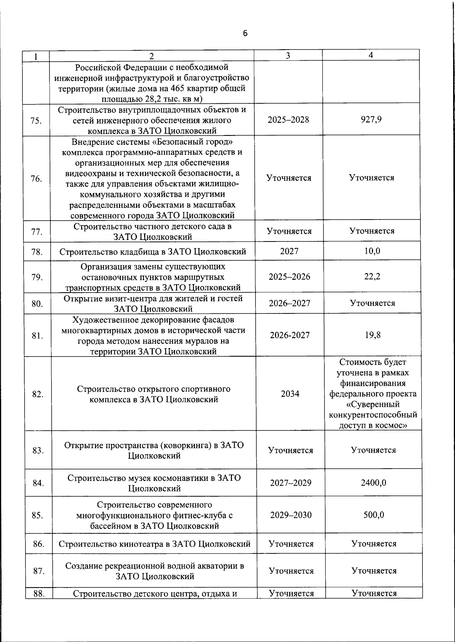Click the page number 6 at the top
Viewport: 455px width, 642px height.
tap(245, 33)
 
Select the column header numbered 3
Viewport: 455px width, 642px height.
tap(288, 55)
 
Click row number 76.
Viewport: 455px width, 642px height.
tap(36, 179)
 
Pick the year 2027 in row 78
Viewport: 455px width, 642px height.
tap(289, 251)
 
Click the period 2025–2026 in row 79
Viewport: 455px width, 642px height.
tap(289, 277)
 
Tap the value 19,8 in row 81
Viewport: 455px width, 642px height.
tap(373, 335)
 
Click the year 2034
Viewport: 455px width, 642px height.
tap(290, 394)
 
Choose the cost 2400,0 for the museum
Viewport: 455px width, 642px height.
tap(373, 483)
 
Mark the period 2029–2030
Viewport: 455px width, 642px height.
tap(291, 515)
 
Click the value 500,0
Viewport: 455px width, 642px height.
tap(374, 515)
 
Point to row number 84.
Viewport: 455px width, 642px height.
tap(37, 483)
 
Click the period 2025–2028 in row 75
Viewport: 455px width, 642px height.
tap(288, 120)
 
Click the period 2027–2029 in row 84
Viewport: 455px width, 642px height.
tap(290, 483)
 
